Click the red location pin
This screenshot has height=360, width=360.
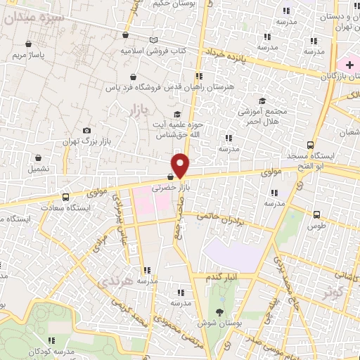point(181,165)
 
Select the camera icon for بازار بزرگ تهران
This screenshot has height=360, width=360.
point(86,130)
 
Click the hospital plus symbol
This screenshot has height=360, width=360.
point(349,65)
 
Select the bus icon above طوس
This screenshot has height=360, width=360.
point(316,215)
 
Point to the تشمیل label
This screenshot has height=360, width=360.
point(39,169)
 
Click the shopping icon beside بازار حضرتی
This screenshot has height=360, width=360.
point(171,177)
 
